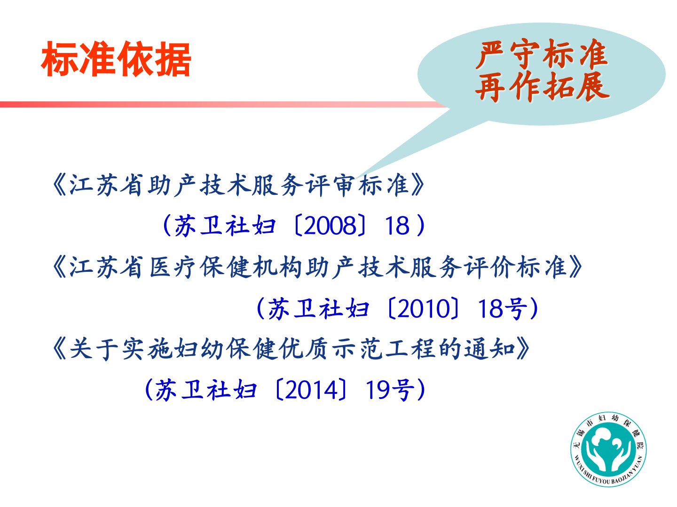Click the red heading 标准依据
point(116,59)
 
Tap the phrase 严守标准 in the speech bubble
point(542,54)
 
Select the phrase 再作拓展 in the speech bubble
point(543,86)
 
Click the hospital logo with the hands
point(608,449)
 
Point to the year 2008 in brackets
point(330,226)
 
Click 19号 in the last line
point(390,390)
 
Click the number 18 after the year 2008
point(397,226)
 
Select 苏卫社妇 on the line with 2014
point(206,390)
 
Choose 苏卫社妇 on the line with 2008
point(225,226)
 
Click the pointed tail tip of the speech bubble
point(355,178)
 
